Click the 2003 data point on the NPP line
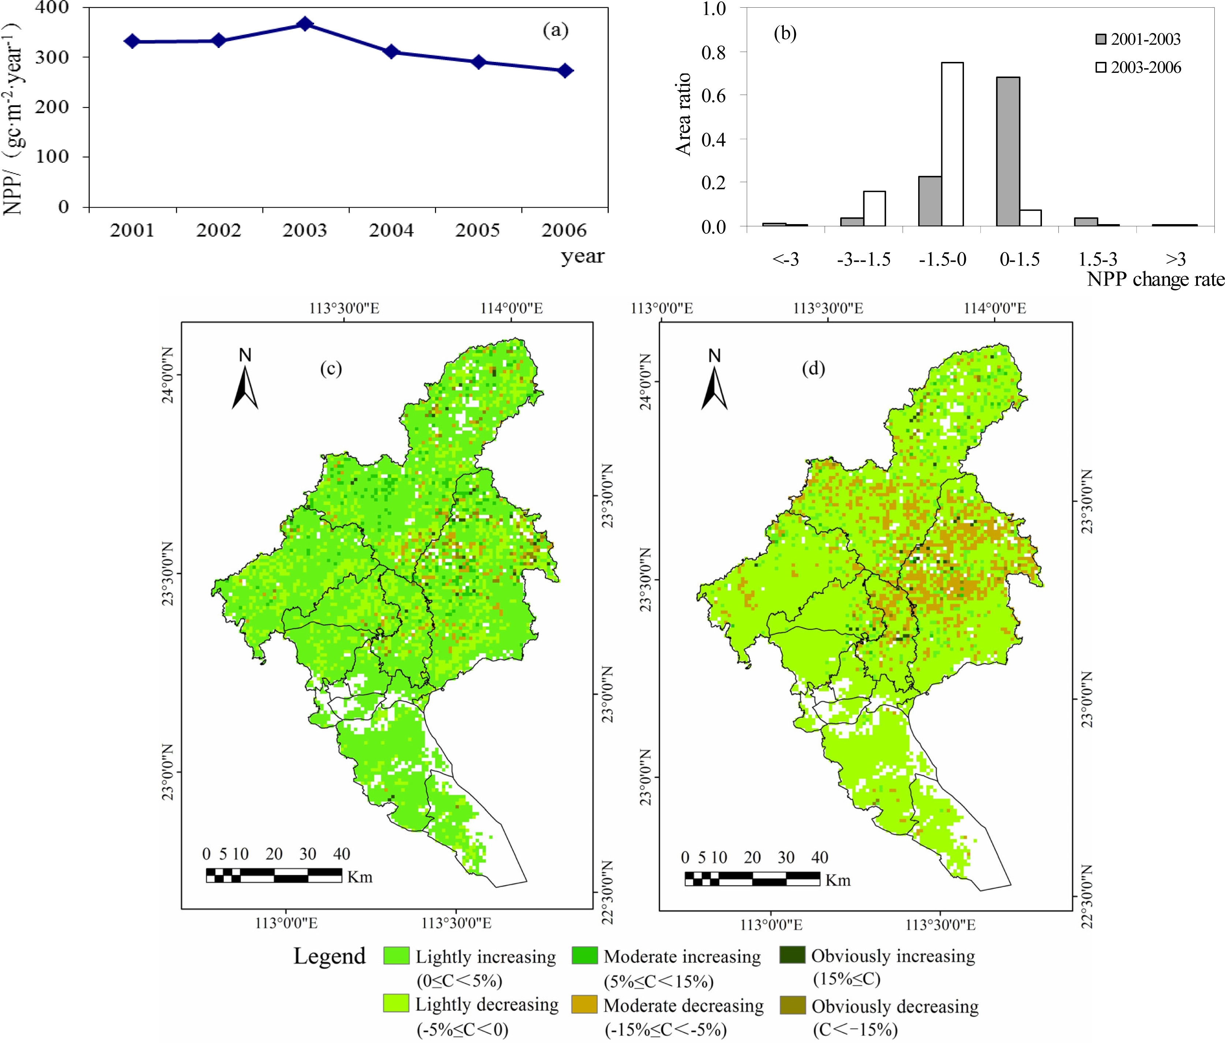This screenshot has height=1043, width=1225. pos(305,24)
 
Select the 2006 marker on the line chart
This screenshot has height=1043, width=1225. pos(566,70)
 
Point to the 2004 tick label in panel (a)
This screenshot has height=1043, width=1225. pos(391,230)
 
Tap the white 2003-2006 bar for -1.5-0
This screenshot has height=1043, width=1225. pos(952,144)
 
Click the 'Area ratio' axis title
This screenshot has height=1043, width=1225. pos(683,114)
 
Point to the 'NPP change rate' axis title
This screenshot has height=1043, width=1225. pos(1155,279)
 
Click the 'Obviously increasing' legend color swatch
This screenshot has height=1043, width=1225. pos(792,955)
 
